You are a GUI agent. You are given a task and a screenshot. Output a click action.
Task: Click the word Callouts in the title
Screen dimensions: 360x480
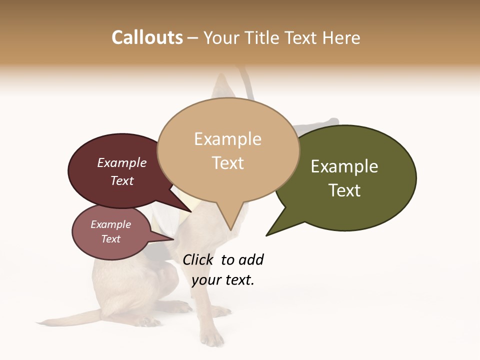(147, 37)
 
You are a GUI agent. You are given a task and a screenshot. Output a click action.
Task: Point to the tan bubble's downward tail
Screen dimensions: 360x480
(230, 220)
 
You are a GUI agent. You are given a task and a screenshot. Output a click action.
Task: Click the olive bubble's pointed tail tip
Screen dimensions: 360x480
(268, 234)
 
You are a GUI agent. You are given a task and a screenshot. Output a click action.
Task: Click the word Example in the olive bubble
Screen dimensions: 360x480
(344, 166)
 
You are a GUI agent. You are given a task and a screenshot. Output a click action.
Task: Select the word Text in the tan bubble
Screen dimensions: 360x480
(228, 163)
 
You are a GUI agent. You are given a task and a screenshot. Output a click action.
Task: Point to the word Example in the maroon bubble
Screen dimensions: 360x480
(121, 162)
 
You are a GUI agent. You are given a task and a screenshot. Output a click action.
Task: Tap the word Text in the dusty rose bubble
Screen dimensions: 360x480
(110, 239)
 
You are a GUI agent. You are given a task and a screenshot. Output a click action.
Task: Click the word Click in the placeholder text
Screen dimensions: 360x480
(197, 260)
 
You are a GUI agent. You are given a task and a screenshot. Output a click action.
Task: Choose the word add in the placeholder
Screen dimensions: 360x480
(251, 260)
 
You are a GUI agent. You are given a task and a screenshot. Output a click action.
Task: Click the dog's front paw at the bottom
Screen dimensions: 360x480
(212, 340)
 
